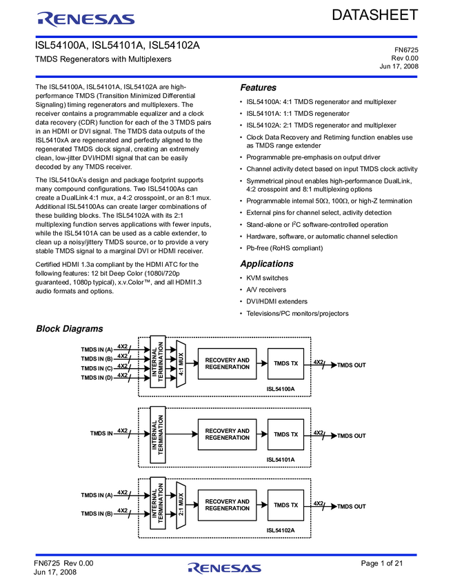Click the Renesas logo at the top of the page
click(85, 19)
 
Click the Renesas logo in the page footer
click(225, 568)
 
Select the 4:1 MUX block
click(181, 363)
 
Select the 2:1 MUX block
click(181, 505)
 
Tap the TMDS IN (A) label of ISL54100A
click(97, 350)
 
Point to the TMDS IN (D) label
click(97, 378)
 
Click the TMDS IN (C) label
click(97, 368)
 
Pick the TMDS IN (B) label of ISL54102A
click(97, 514)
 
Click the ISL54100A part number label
click(281, 390)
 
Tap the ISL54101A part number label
click(281, 460)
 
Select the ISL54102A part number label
click(281, 530)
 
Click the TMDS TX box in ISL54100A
click(285, 363)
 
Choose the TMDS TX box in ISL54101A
click(285, 434)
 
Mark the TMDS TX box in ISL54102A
click(285, 505)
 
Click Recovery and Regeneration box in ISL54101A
click(227, 434)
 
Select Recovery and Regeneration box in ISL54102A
click(227, 505)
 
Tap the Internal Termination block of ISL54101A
click(158, 434)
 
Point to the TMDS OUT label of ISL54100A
click(351, 365)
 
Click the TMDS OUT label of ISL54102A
click(351, 507)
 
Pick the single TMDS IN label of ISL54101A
click(101, 434)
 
